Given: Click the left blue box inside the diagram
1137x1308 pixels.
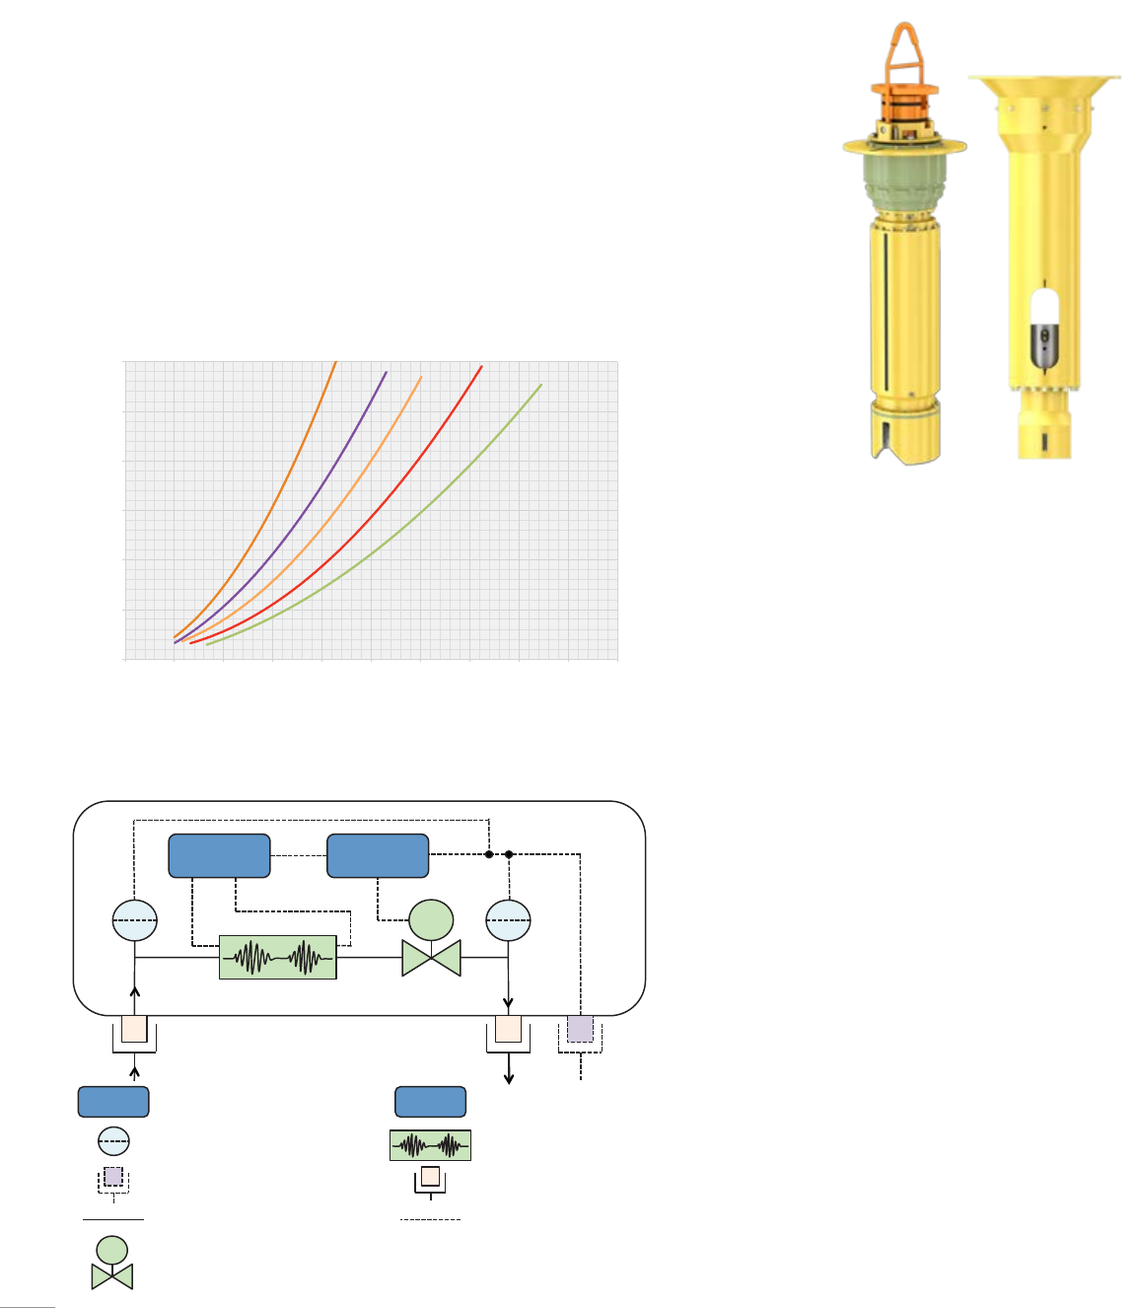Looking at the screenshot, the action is coord(219,855).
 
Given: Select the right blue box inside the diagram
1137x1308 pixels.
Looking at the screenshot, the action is coord(378,855).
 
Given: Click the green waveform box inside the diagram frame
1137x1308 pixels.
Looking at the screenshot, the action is coord(277,957).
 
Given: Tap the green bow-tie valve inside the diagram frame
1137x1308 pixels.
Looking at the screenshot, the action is coord(431,957).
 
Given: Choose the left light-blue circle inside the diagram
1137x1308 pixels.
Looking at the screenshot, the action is coord(135,920).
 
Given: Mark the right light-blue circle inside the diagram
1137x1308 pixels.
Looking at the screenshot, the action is coord(508,920).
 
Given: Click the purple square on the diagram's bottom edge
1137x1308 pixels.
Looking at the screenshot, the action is coord(580,1029).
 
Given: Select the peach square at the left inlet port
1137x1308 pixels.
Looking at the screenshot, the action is coord(134,1029).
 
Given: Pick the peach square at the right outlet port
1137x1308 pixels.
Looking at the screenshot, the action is coord(508,1029).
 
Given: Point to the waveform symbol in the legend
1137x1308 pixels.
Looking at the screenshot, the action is coord(430,1145).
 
